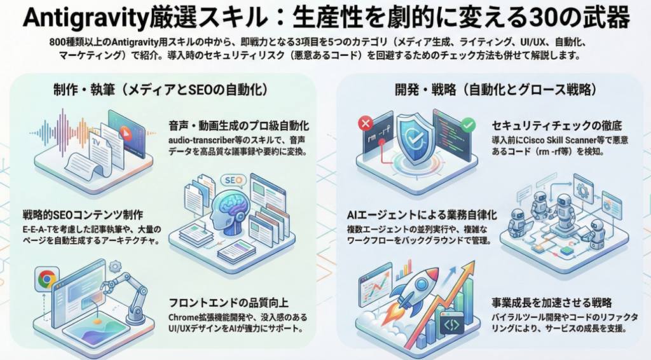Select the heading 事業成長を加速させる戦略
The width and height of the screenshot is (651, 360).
[x=552, y=301]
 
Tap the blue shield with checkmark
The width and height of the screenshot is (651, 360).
[x=416, y=134]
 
